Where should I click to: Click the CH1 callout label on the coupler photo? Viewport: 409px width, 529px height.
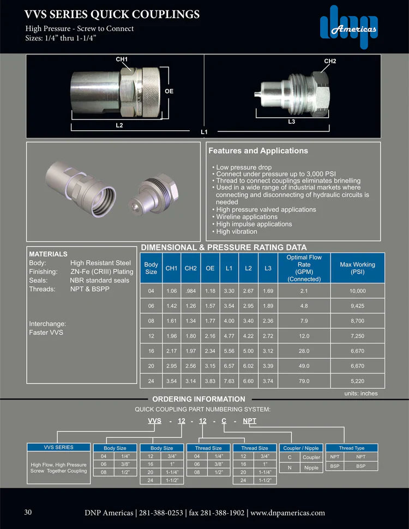122,59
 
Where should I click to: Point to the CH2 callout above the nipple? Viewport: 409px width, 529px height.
330,61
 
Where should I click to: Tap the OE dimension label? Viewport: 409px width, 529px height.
169,91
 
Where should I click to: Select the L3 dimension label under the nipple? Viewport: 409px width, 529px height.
291,122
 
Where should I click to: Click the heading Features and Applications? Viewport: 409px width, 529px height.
258,151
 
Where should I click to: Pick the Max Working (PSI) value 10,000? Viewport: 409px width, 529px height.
357,291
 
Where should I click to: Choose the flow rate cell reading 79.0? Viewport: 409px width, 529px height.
303,381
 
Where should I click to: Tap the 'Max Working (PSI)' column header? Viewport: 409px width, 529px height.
357,268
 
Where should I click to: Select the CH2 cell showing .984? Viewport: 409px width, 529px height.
190,291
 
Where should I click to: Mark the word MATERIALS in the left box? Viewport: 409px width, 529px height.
48,254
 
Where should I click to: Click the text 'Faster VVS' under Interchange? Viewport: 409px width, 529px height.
46,332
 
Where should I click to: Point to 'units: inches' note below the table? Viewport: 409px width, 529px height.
361,393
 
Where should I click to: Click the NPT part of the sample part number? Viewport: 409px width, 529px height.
249,421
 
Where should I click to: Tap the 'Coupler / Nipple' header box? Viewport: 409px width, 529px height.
301,448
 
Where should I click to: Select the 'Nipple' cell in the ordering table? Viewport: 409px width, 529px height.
311,467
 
